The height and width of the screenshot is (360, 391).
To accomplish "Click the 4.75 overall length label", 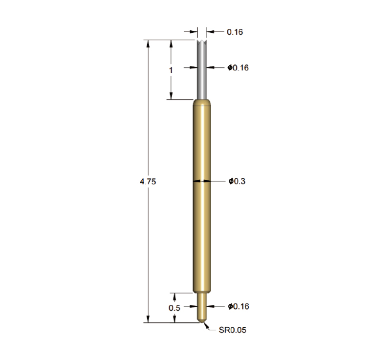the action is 148,182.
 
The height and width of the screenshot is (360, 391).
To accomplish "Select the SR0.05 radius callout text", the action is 233,330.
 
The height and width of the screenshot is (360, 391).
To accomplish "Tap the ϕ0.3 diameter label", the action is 237,181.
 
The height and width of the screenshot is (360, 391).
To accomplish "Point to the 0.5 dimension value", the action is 174,308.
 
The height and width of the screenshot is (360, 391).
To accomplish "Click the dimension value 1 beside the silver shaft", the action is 171,70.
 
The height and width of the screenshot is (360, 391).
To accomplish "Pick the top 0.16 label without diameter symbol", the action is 235,32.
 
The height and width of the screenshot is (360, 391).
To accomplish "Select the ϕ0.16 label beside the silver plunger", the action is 238,68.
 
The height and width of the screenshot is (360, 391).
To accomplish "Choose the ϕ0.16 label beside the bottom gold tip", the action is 239,306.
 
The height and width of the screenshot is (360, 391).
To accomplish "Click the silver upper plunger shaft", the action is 202,70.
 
